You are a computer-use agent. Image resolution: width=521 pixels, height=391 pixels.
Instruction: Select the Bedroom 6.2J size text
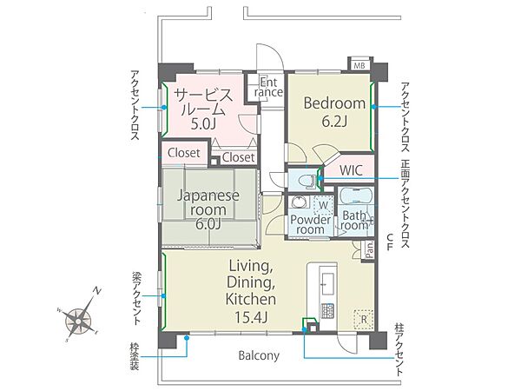tap(334, 123)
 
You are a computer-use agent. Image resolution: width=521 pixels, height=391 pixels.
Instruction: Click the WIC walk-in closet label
tap(351, 170)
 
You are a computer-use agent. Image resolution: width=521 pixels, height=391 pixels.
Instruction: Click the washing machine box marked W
tap(323, 205)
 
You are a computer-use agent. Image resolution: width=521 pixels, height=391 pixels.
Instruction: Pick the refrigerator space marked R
tap(364, 320)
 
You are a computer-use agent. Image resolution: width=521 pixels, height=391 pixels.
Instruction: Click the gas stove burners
tap(327, 312)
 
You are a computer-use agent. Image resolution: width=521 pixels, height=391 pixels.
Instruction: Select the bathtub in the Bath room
tap(355, 197)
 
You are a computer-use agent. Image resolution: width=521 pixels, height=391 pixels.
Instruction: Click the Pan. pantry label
tap(370, 250)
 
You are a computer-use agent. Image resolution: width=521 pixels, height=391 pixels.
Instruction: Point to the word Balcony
tap(259, 355)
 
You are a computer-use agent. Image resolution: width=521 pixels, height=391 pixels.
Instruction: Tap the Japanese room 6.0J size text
tap(208, 224)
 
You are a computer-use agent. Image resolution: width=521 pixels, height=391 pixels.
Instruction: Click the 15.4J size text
tap(251, 318)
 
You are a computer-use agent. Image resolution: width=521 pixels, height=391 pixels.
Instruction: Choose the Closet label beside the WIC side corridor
tap(238, 157)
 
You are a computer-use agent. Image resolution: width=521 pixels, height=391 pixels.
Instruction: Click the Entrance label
tap(268, 87)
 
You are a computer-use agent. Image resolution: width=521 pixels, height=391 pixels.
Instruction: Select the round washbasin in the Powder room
tap(299, 202)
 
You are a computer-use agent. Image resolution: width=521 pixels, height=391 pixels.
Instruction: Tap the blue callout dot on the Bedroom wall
tap(373, 107)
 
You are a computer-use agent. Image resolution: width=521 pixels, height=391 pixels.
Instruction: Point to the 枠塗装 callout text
tap(135, 356)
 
